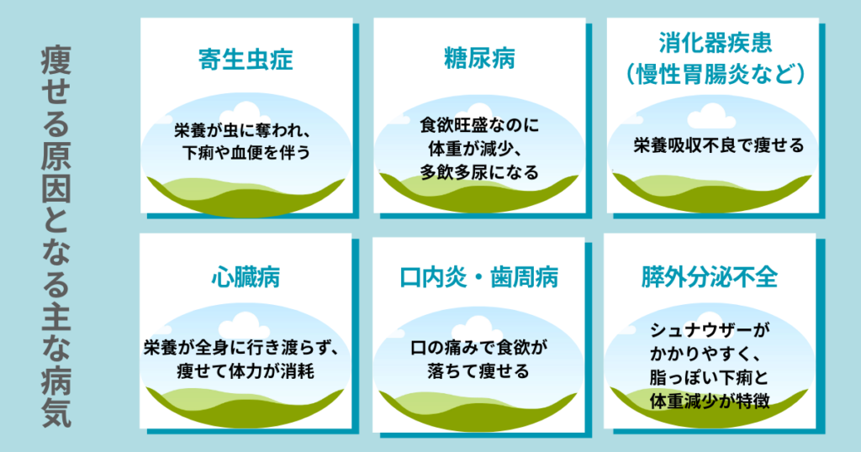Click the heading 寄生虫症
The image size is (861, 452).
pyautogui.click(x=246, y=60)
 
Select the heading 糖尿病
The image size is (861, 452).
pyautogui.click(x=479, y=59)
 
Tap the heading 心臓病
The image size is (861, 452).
pyautogui.click(x=246, y=277)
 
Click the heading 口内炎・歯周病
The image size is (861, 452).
pyautogui.click(x=478, y=277)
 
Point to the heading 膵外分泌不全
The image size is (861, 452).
pyautogui.click(x=710, y=277)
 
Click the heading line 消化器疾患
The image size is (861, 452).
pyautogui.click(x=716, y=43)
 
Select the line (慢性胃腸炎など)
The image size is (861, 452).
pyautogui.click(x=716, y=73)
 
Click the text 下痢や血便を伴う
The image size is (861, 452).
pyautogui.click(x=246, y=152)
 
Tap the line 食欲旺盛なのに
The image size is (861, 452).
pyautogui.click(x=479, y=125)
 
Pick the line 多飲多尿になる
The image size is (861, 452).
pyautogui.click(x=479, y=172)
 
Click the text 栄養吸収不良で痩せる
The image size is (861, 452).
pyautogui.click(x=718, y=145)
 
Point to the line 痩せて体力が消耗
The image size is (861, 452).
pyautogui.click(x=246, y=371)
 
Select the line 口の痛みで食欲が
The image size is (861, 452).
pyautogui.click(x=479, y=348)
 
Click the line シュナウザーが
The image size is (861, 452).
pyautogui.click(x=710, y=329)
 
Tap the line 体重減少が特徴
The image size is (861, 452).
pyautogui.click(x=710, y=401)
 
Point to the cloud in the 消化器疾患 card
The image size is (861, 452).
pyautogui.click(x=711, y=116)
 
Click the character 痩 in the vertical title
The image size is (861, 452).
pyautogui.click(x=55, y=60)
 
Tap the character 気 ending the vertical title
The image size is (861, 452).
pyautogui.click(x=56, y=412)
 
